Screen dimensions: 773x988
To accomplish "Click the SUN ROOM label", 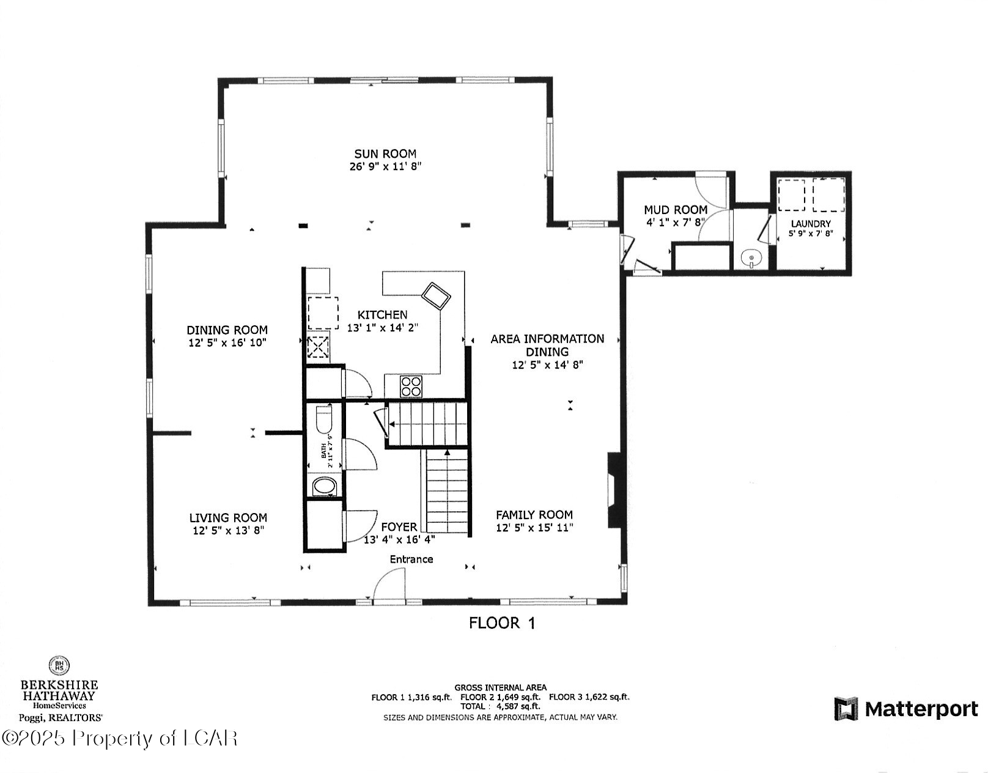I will coord(385,154).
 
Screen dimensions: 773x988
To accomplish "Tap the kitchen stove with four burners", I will coord(411,386).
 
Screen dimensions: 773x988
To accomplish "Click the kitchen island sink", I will coord(437,297).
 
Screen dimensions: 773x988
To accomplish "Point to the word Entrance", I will coord(411,559).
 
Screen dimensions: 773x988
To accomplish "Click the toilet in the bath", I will coord(323,420).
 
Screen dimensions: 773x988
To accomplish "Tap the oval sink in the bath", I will coord(324,487).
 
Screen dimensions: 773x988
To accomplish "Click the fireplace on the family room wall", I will coord(613,490).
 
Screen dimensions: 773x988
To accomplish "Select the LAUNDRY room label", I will coord(811,224).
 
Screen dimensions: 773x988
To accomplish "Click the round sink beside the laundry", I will coord(751,259).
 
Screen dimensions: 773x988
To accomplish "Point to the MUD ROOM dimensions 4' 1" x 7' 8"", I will coord(676,223).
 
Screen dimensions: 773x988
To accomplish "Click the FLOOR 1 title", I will coord(502,623).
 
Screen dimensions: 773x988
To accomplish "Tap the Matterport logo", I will coord(906,709).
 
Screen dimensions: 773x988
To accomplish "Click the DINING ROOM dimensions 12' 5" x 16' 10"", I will coord(227,343).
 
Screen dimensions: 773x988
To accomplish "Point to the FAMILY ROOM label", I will coord(534,515).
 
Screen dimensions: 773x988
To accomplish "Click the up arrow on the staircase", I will coord(447,453).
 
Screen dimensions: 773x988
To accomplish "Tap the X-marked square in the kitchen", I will coord(318,348).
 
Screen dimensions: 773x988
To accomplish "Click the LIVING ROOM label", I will coord(228,517).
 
